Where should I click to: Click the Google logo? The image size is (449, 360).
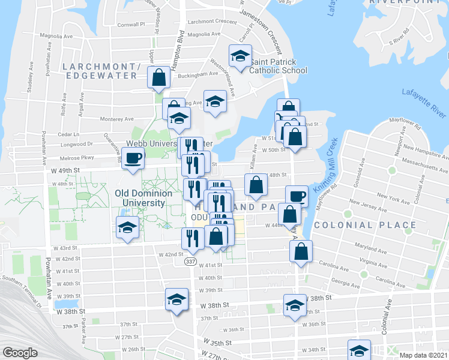click(20, 352)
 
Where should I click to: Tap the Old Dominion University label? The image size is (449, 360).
click(143, 198)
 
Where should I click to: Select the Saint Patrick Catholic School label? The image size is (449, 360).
click(278, 66)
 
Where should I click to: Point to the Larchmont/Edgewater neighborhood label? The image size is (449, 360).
click(102, 70)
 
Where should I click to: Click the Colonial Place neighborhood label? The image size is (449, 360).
click(364, 225)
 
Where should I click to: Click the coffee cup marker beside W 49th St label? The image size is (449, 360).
click(133, 158)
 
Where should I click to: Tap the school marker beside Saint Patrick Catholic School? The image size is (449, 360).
click(241, 56)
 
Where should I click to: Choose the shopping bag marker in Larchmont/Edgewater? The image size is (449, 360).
click(158, 77)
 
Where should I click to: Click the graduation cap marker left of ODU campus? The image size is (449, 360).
click(127, 227)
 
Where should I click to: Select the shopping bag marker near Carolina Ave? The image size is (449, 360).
click(301, 251)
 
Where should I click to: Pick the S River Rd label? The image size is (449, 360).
click(399, 42)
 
